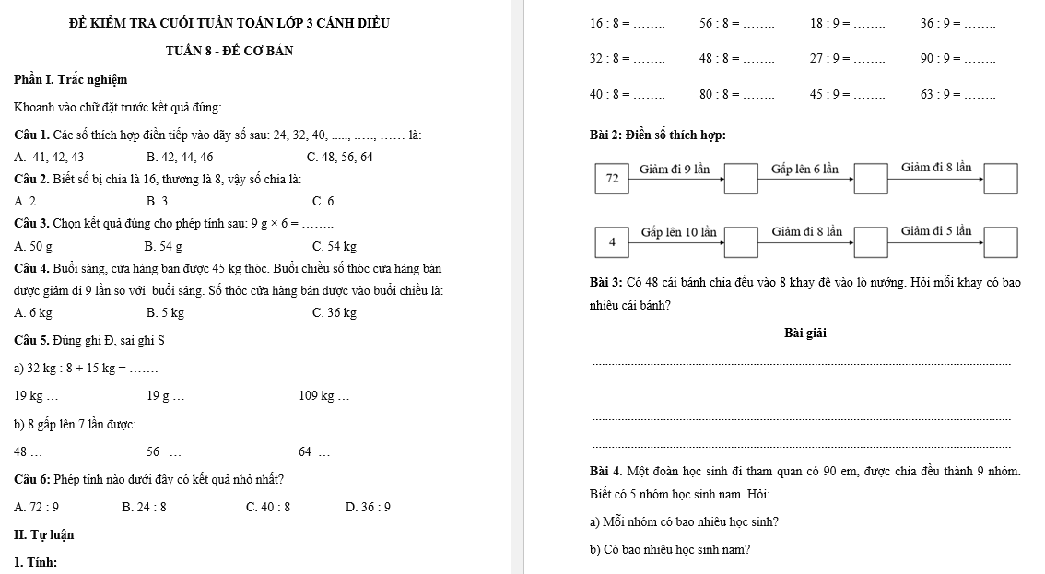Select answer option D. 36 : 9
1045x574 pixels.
click(x=367, y=506)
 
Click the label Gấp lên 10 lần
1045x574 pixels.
click(x=678, y=231)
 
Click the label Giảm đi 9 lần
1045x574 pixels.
click(x=675, y=169)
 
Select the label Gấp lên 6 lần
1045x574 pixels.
click(x=804, y=169)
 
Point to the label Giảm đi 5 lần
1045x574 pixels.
click(x=935, y=230)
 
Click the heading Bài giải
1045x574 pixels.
click(x=805, y=334)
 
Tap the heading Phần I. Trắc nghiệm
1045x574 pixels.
click(x=70, y=80)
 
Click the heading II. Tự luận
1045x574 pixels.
click(x=44, y=534)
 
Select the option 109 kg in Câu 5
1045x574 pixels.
click(x=323, y=396)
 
